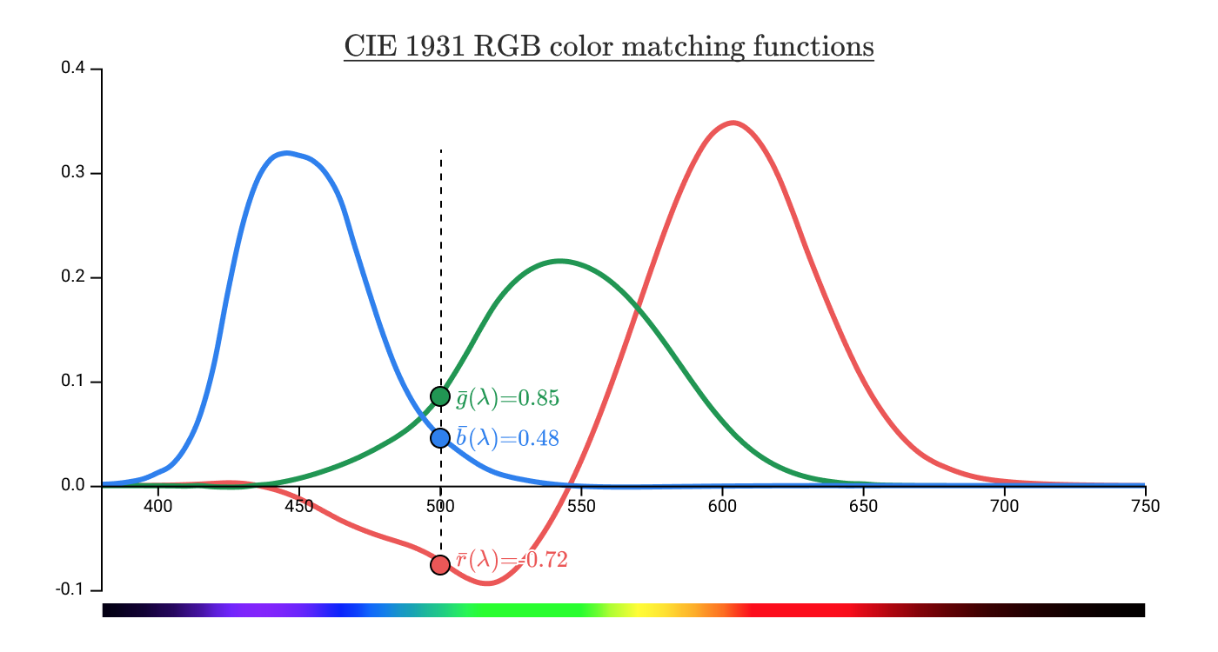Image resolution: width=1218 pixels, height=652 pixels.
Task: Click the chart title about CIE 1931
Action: [608, 45]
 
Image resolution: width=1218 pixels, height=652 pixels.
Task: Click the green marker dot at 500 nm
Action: [440, 396]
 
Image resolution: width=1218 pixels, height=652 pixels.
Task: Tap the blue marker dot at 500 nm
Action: [440, 437]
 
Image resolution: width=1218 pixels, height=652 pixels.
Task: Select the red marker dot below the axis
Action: [440, 565]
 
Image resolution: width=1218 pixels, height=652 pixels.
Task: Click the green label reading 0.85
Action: [508, 399]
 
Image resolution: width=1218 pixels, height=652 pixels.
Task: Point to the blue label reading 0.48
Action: [508, 438]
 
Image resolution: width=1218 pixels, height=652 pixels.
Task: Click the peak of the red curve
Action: [734, 123]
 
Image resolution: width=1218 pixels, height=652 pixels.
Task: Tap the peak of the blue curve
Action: [286, 153]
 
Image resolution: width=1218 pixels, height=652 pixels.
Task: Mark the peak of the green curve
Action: [559, 260]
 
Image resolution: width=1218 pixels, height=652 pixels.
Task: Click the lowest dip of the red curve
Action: [489, 583]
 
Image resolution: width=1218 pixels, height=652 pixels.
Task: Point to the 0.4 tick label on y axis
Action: [72, 69]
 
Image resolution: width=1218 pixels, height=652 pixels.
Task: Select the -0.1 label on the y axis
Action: [70, 590]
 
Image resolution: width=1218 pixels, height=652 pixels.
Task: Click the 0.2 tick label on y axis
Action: [72, 277]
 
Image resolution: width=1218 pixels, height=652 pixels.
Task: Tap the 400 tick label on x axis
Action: [157, 507]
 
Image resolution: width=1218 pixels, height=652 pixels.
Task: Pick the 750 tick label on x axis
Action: [1145, 507]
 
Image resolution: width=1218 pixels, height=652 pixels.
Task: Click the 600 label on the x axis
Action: [722, 507]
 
